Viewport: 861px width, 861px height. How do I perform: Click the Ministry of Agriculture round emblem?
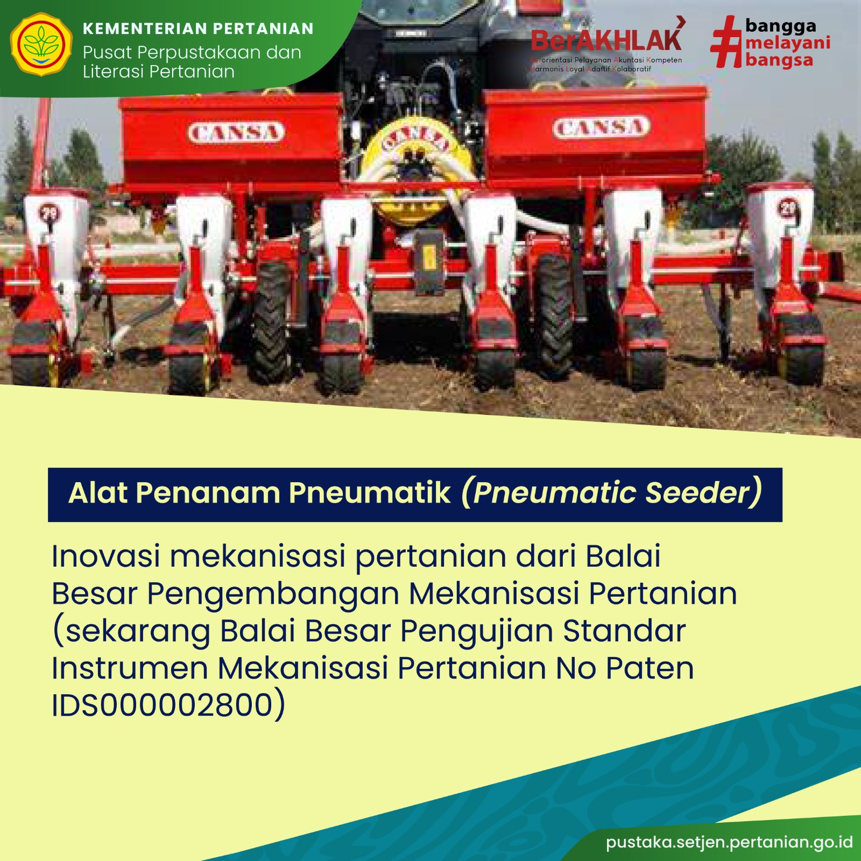pyautogui.click(x=41, y=45)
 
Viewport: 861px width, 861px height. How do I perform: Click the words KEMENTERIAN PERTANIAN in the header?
pyautogui.click(x=198, y=29)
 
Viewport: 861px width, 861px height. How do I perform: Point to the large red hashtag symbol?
pyautogui.click(x=726, y=42)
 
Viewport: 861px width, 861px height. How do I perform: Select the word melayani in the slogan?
pyautogui.click(x=788, y=43)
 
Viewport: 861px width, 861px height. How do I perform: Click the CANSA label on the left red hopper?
pyautogui.click(x=236, y=132)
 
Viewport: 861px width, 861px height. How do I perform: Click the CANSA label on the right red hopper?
pyautogui.click(x=601, y=128)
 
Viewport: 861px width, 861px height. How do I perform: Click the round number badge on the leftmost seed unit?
pyautogui.click(x=49, y=213)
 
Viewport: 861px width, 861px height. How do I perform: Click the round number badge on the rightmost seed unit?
pyautogui.click(x=788, y=208)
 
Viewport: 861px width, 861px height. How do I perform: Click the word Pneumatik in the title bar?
pyautogui.click(x=370, y=492)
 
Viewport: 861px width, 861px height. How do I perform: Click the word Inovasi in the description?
pyautogui.click(x=105, y=556)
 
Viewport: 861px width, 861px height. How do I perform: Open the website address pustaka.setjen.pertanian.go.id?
pyautogui.click(x=729, y=842)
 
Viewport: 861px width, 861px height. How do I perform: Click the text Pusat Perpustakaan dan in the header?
pyautogui.click(x=192, y=53)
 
